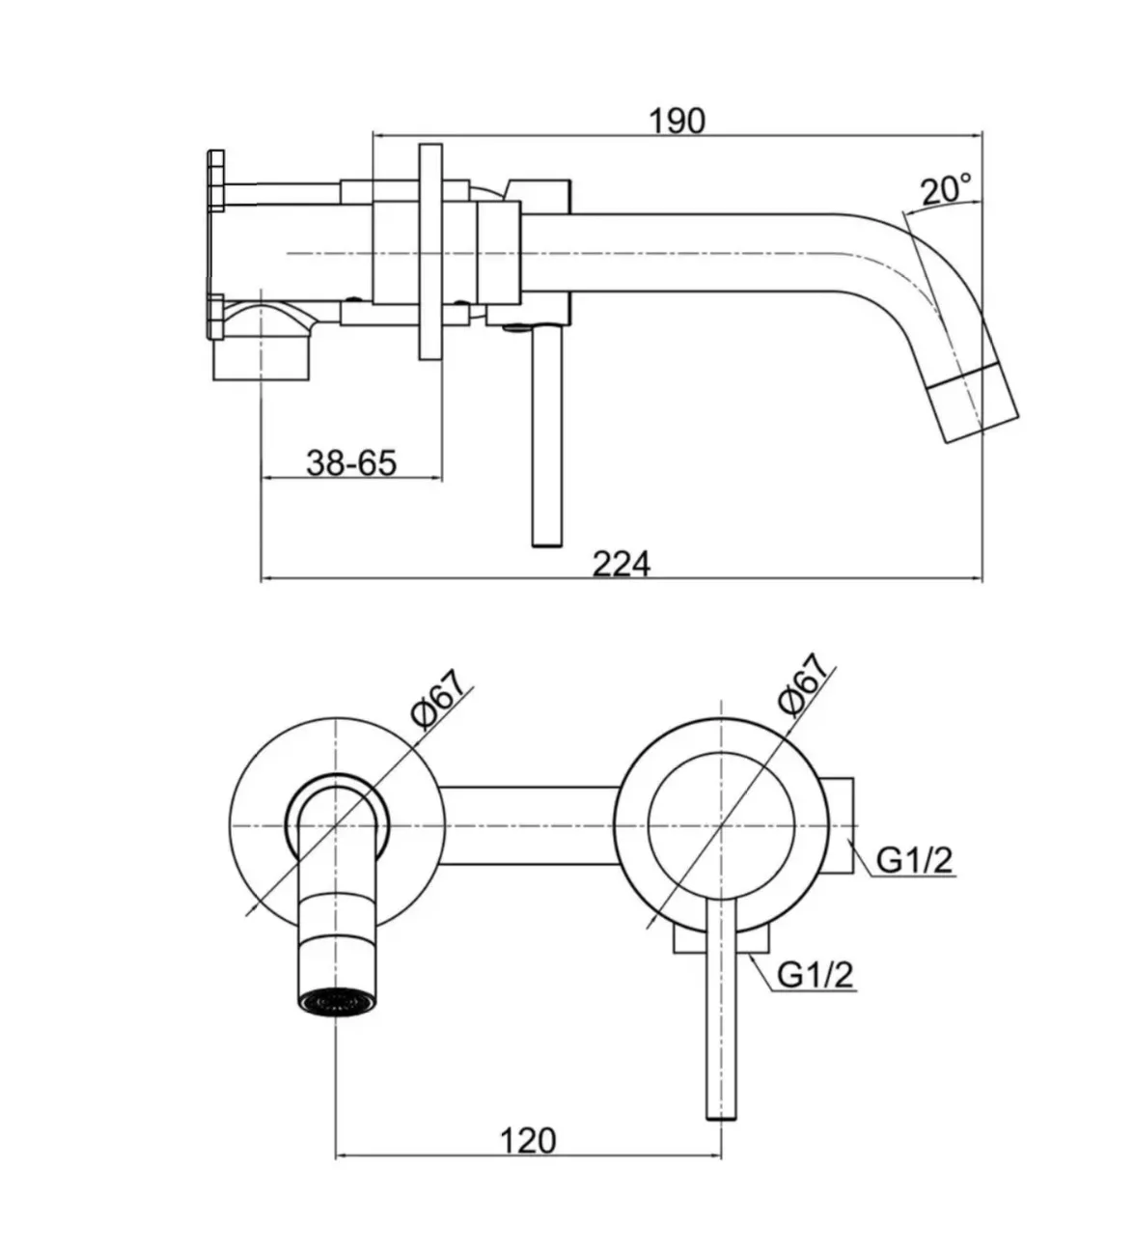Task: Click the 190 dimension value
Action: point(677,121)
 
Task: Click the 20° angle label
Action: point(946,189)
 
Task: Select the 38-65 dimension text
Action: point(351,463)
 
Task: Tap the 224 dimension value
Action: point(621,564)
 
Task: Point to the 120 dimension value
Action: point(528,1141)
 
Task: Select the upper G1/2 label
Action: point(913,858)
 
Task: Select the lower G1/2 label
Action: point(816,975)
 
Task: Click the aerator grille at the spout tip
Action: point(335,1004)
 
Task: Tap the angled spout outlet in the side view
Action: point(977,405)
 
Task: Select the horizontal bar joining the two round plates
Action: point(529,826)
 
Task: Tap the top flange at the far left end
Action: point(215,180)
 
